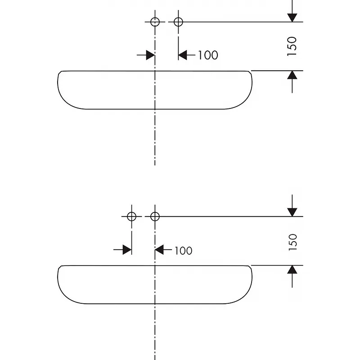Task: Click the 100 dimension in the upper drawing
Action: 208,55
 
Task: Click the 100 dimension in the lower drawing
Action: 183,251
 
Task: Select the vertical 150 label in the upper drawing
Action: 292,46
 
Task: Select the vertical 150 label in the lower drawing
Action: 292,242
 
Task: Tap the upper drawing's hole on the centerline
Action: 155,22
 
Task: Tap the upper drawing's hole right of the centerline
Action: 178,22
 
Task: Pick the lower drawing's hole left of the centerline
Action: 131,216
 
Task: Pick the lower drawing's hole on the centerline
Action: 155,216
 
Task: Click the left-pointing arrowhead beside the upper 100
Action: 182,55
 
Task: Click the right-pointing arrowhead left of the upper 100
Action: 150,55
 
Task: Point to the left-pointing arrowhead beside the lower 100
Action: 159,250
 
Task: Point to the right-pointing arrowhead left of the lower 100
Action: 127,250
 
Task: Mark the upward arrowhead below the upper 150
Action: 292,75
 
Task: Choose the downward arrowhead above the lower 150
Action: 292,212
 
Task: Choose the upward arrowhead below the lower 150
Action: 292,270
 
